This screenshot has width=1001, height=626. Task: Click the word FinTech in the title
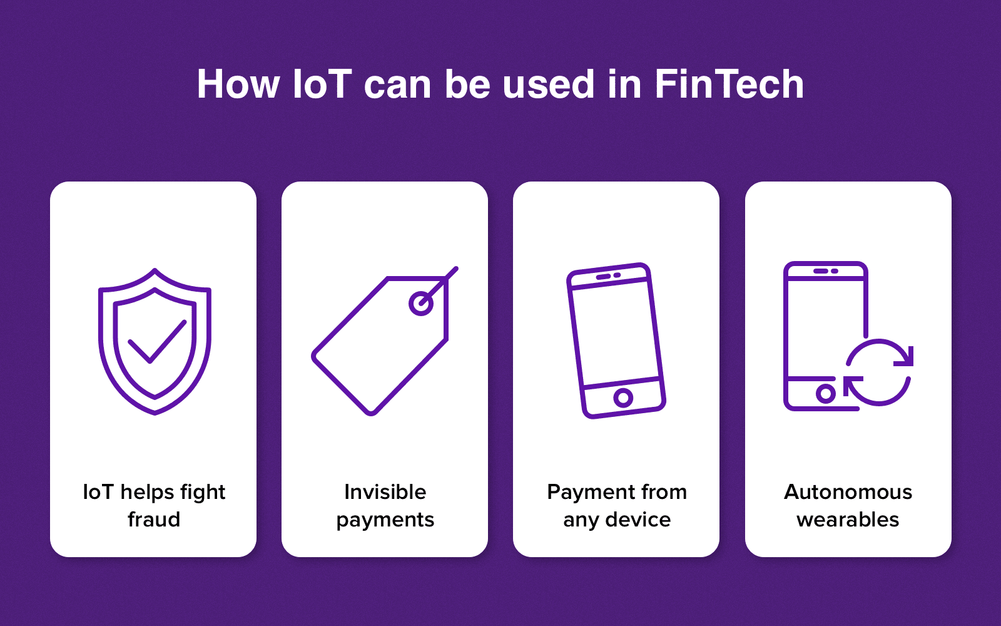729,84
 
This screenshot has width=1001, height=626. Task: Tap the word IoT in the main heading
322,84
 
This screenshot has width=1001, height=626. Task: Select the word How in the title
238,84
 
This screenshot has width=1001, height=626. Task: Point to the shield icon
155,341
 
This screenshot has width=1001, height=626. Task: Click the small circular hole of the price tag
420,304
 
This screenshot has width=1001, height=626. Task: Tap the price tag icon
385,341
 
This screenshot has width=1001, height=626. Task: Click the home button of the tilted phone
623,397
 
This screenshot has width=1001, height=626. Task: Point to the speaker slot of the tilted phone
603,277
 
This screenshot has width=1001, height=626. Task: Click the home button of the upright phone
825,394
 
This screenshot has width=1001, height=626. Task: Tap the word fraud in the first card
154,520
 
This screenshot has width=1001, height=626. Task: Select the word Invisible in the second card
385,492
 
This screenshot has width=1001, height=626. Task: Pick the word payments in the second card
385,520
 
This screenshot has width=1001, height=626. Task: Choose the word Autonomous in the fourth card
848,492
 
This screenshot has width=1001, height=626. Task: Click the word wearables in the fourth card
848,520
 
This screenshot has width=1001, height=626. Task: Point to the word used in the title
548,84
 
